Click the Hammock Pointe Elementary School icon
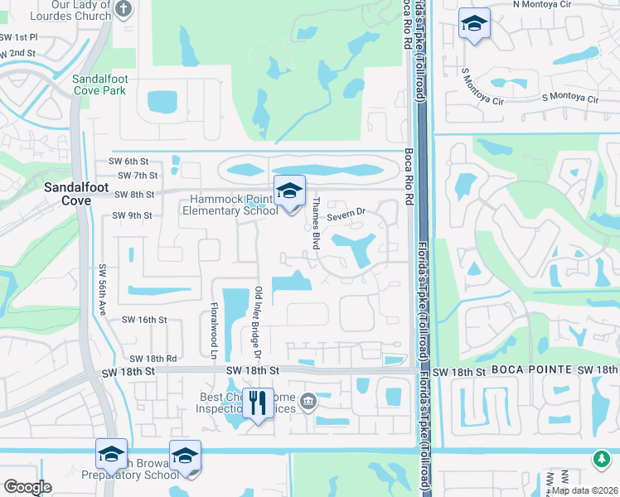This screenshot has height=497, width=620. coord(289,192)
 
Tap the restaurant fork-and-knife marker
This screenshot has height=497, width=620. coord(258,403)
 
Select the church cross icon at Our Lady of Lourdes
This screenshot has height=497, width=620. coord(124,10)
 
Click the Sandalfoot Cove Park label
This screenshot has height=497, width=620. coord(99,84)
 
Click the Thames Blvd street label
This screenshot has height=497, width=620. coord(315,224)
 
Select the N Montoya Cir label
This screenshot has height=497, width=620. coord(542,4)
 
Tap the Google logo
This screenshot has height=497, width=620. coord(27,487)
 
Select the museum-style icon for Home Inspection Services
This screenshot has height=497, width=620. coord(308,402)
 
